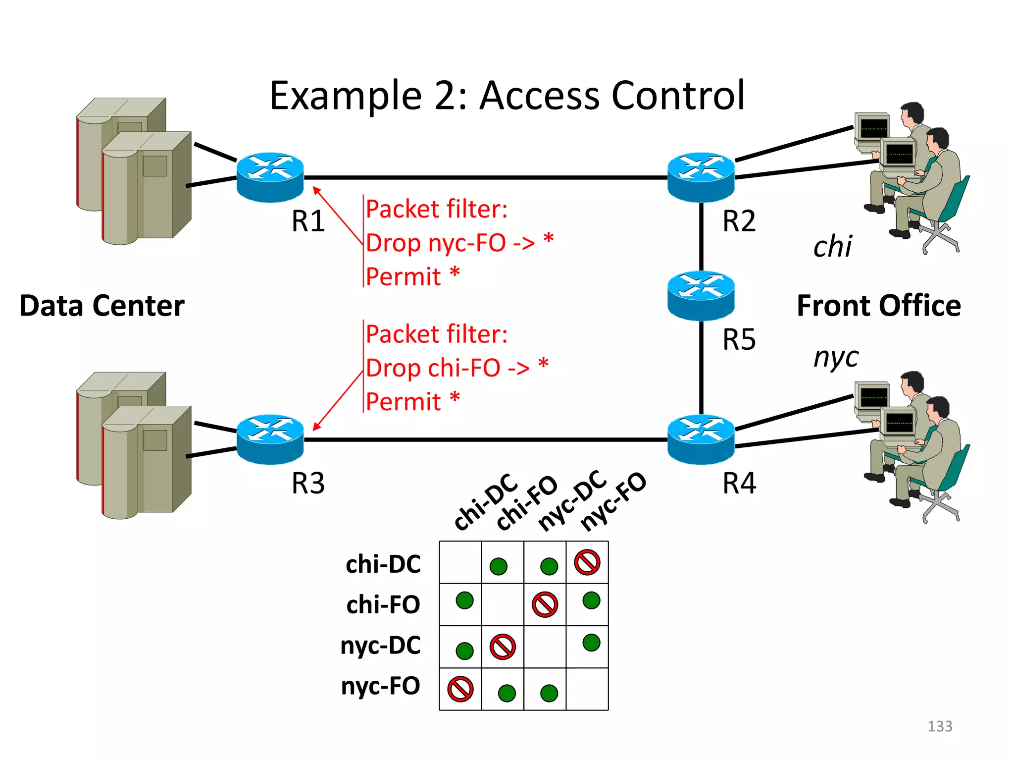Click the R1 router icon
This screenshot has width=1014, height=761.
click(x=270, y=177)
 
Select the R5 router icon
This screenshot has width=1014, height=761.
click(x=701, y=295)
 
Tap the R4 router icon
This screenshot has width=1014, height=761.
click(x=701, y=439)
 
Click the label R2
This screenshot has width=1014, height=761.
click(x=739, y=221)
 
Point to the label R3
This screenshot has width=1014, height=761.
click(x=308, y=483)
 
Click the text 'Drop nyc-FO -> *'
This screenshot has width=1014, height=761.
click(x=459, y=243)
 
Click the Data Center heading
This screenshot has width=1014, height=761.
click(x=102, y=306)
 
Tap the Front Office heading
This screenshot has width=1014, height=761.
click(x=878, y=306)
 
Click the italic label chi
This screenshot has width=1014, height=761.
click(x=832, y=246)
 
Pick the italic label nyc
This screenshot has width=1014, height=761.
click(x=836, y=357)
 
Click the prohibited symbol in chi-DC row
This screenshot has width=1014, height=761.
click(x=587, y=562)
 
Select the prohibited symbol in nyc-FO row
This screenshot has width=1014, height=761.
click(x=460, y=689)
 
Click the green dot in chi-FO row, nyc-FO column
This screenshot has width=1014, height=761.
click(x=591, y=600)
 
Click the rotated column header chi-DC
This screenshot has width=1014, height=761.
click(x=485, y=501)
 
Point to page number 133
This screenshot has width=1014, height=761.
click(x=939, y=726)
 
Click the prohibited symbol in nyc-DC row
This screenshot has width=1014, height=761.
click(x=503, y=647)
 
